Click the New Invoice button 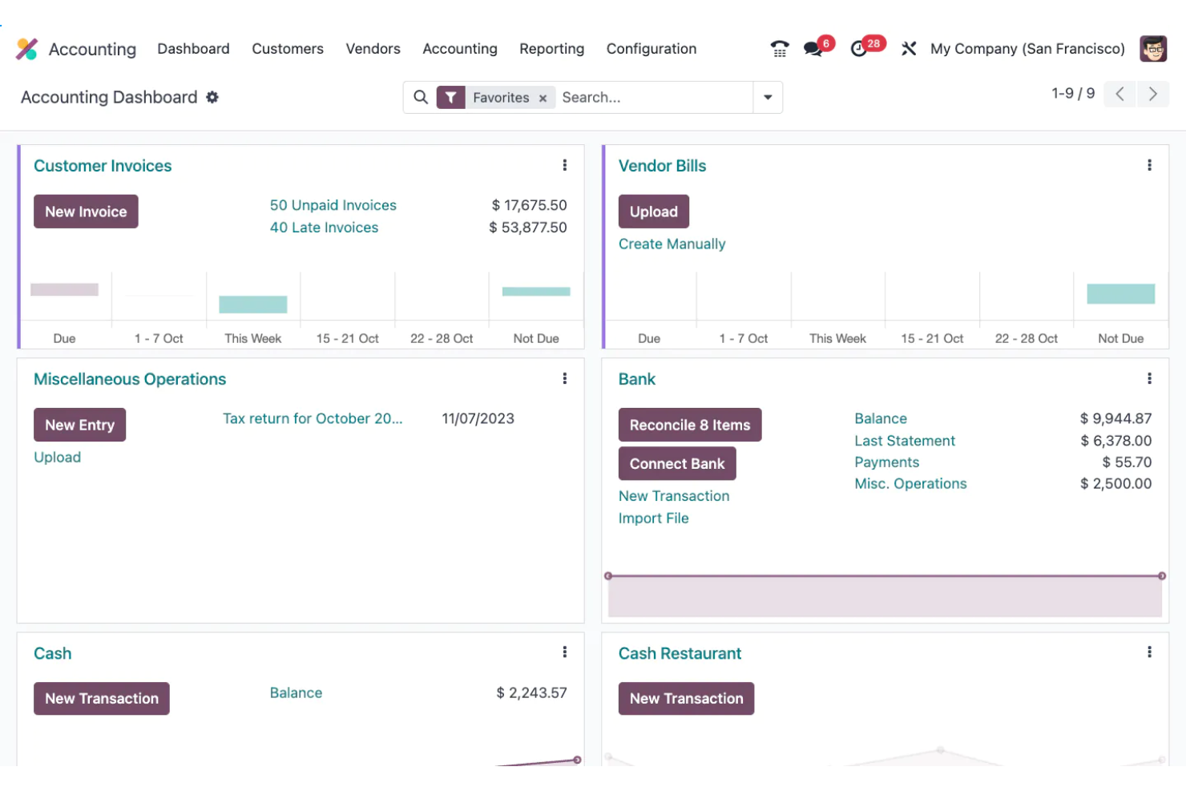point(86,212)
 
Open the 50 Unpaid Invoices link point(333,205)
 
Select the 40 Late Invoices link point(324,228)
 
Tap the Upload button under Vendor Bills point(653,212)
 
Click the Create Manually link point(672,244)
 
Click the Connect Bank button point(676,464)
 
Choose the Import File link point(653,519)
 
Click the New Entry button point(79,425)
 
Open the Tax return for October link point(313,419)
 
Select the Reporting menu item point(551,49)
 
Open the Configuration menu point(651,49)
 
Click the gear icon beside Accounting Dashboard point(212,97)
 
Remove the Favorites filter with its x point(543,98)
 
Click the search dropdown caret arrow point(768,98)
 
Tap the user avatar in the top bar point(1153,49)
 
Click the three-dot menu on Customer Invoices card point(565,165)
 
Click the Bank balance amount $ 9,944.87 point(1115,419)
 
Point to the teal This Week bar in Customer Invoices point(253,305)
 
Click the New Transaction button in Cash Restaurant point(686,699)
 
